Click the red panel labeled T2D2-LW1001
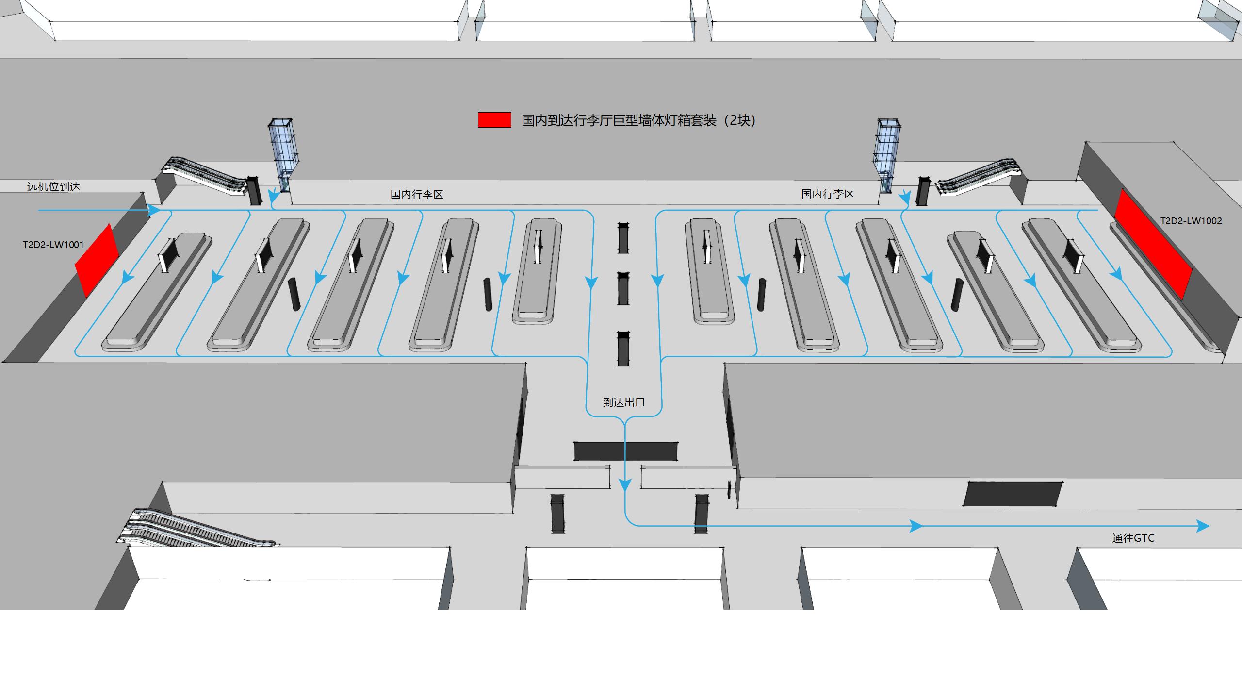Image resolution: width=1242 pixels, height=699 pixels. [97, 261]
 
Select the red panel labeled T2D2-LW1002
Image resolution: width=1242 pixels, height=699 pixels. [1153, 244]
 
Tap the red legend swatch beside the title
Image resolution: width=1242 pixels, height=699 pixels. [494, 120]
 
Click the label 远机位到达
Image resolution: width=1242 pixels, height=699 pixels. [53, 187]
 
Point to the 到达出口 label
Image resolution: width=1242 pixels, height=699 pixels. [624, 402]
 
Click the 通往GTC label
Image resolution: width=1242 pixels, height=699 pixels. [1133, 538]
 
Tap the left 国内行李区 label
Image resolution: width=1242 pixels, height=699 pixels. [417, 195]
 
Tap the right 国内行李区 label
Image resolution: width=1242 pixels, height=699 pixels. [828, 194]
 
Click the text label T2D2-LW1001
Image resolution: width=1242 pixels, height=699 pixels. [53, 245]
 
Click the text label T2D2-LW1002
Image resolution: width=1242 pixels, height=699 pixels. [1191, 221]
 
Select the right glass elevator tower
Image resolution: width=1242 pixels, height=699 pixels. [889, 155]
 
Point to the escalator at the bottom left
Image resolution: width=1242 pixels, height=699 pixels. [194, 528]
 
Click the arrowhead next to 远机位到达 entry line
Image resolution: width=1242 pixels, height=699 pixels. [154, 210]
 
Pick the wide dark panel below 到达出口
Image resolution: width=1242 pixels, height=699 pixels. [626, 451]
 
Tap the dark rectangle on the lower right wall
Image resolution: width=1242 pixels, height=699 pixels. [1012, 494]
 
